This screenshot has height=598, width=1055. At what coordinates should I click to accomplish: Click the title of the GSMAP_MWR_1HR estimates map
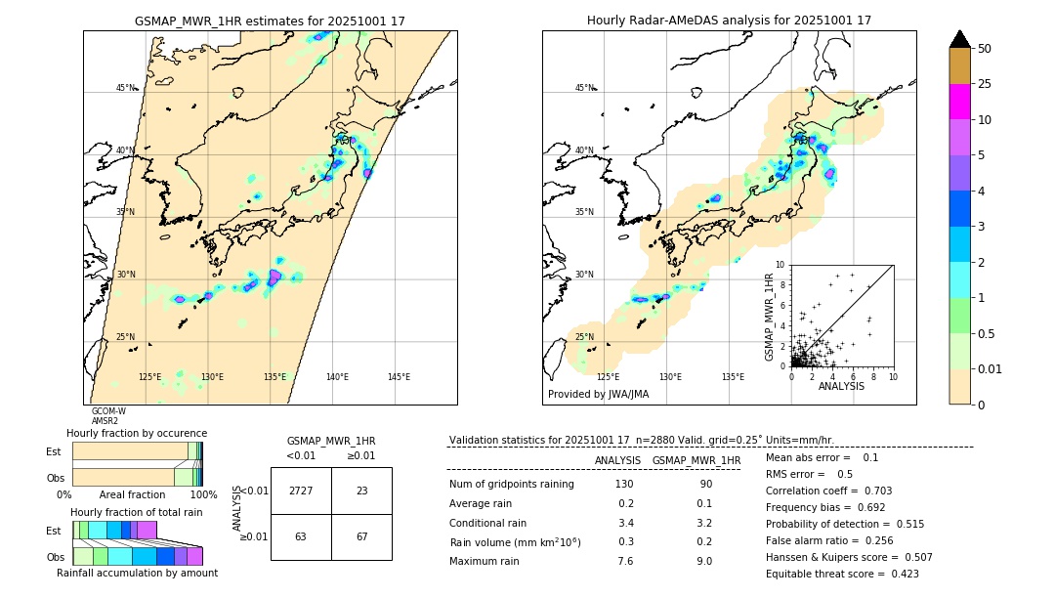click(x=270, y=21)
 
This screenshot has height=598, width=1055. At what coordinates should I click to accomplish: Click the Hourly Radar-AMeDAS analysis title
click(x=729, y=21)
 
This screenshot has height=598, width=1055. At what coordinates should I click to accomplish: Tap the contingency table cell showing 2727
click(x=300, y=491)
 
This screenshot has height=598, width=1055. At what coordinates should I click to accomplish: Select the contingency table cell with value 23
click(x=361, y=491)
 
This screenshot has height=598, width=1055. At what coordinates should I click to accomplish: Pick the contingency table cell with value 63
click(x=300, y=536)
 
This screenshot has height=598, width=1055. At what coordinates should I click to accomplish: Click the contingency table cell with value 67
click(x=361, y=536)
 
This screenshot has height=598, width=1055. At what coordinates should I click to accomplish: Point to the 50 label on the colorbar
click(x=985, y=48)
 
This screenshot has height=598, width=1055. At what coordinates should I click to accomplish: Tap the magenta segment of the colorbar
click(x=959, y=102)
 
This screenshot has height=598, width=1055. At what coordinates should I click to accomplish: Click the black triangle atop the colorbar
click(x=959, y=39)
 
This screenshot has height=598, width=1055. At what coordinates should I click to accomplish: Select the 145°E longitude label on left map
click(x=399, y=377)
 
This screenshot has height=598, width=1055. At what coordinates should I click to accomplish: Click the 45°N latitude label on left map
click(x=126, y=88)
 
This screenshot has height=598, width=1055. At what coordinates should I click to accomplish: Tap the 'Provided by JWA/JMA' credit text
click(x=598, y=394)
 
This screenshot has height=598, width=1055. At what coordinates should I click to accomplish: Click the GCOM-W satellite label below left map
click(x=108, y=411)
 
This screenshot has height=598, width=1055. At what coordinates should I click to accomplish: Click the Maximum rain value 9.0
click(x=703, y=561)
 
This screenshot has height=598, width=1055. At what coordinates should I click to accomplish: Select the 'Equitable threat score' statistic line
click(x=842, y=575)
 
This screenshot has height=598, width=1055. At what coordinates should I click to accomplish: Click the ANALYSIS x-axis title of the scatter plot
click(x=841, y=386)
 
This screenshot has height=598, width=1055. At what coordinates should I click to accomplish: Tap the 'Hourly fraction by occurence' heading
click(x=137, y=433)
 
